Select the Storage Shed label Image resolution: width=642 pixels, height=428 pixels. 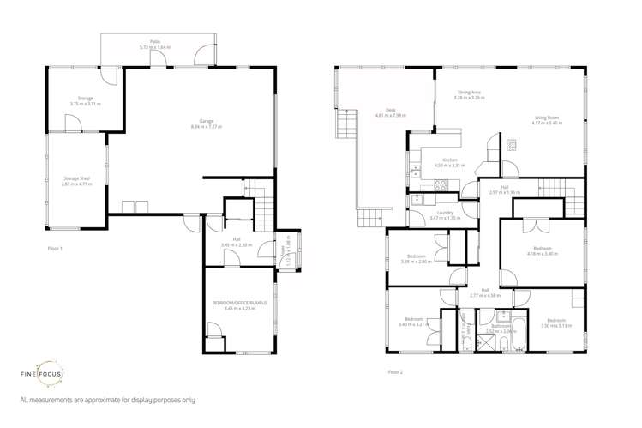(75, 178)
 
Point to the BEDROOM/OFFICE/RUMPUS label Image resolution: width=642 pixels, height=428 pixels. (239, 303)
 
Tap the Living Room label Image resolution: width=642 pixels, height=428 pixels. (546, 118)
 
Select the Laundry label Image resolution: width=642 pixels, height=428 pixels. (445, 213)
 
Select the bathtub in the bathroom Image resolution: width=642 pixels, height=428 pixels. (507, 347)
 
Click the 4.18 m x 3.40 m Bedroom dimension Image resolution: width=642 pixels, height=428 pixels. (542, 254)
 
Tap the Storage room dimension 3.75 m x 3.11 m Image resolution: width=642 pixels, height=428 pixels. (85, 104)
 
